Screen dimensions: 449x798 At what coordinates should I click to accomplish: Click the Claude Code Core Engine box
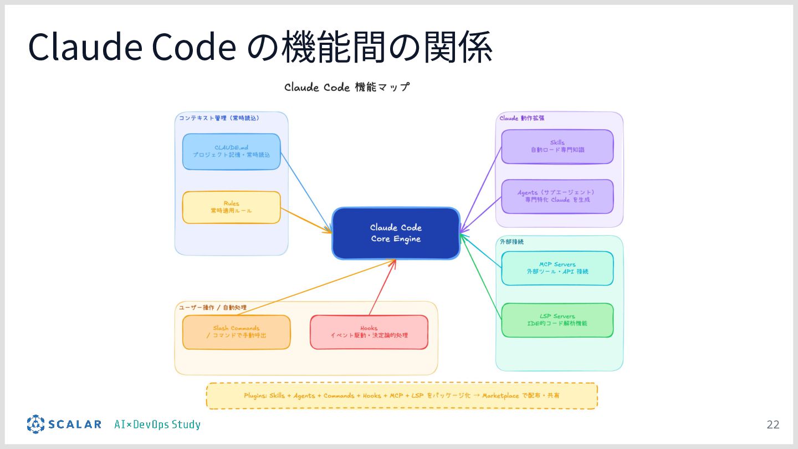[396, 233]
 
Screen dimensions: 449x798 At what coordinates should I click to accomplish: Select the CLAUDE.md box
[231, 151]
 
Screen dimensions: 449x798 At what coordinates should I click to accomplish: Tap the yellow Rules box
[231, 207]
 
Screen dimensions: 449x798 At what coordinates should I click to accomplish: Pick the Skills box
[557, 146]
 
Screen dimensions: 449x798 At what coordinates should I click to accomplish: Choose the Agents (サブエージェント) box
[557, 196]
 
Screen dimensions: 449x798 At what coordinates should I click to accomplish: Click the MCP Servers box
[557, 268]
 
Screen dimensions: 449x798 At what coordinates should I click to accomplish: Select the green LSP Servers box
[557, 320]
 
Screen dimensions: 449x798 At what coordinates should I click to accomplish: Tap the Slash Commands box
[236, 332]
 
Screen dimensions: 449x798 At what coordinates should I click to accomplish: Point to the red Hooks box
[369, 332]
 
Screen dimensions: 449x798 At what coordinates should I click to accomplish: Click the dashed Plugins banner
[402, 396]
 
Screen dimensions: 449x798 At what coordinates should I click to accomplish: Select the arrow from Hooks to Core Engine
[382, 287]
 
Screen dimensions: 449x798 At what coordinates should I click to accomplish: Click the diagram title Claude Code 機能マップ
[347, 88]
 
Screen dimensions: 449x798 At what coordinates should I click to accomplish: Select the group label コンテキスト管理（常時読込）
[219, 118]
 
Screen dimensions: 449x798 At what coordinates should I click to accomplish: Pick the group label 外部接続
[511, 242]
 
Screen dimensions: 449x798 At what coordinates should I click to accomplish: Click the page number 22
[773, 425]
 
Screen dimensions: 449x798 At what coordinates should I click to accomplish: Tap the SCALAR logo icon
[35, 424]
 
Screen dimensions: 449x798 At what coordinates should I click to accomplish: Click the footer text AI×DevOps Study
[157, 425]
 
